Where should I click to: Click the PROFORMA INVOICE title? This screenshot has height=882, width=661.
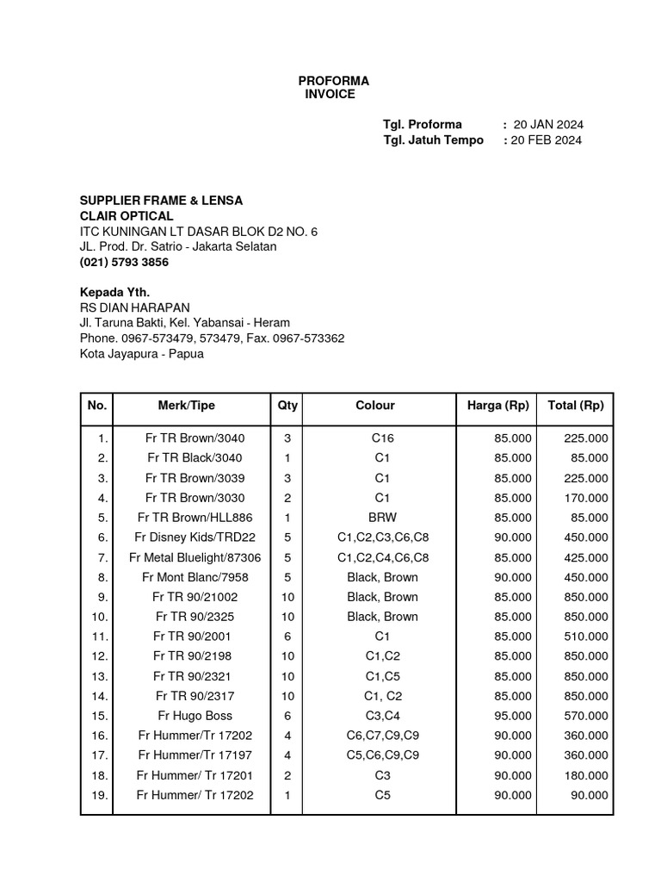(333, 87)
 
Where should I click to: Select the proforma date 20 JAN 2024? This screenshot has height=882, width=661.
(548, 124)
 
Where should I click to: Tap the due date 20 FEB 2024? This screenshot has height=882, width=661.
(546, 140)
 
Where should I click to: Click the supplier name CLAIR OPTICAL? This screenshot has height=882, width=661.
(127, 215)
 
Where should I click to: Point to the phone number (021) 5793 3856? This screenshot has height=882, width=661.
(124, 262)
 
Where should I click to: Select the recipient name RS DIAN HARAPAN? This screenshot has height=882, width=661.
(134, 307)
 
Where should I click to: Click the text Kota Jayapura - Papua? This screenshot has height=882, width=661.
(142, 354)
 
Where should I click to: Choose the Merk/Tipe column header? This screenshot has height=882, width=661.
(187, 405)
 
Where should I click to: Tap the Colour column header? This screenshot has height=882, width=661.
(375, 405)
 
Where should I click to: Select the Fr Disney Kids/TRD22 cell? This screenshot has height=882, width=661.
(195, 537)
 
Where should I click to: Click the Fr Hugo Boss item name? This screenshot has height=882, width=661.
(195, 716)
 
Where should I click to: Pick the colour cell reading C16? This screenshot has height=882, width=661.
(382, 438)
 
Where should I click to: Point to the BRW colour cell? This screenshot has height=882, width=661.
(382, 518)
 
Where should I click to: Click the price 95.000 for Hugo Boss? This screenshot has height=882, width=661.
(513, 716)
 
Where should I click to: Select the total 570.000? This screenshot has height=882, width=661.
(585, 716)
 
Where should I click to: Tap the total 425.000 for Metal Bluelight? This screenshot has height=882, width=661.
(585, 557)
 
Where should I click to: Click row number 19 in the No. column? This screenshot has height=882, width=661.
(99, 795)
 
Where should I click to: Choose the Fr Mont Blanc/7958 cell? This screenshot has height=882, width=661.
(195, 577)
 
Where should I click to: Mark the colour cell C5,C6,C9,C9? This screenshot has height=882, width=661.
(382, 755)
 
